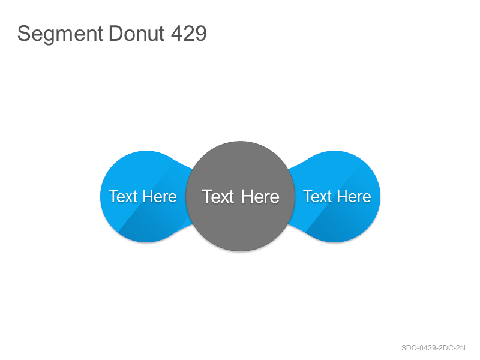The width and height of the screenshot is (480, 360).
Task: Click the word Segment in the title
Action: click(60, 34)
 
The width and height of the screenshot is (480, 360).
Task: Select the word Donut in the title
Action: click(137, 34)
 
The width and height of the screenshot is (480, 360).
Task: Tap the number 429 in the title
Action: click(188, 34)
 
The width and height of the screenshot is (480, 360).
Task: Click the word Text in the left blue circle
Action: click(123, 197)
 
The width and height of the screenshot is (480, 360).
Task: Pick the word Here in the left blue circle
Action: click(160, 197)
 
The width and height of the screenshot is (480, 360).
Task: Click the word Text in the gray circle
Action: click(218, 197)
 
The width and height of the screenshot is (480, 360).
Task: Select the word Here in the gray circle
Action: click(260, 197)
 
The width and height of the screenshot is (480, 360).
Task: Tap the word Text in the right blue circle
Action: click(317, 197)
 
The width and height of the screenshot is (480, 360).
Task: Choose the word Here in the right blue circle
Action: click(354, 197)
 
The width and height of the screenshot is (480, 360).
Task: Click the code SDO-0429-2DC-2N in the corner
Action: click(433, 348)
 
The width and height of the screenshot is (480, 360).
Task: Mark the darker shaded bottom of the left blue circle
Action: click(150, 227)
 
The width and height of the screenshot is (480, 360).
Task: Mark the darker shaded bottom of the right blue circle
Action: click(340, 227)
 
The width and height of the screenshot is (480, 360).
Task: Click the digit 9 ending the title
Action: click(201, 34)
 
